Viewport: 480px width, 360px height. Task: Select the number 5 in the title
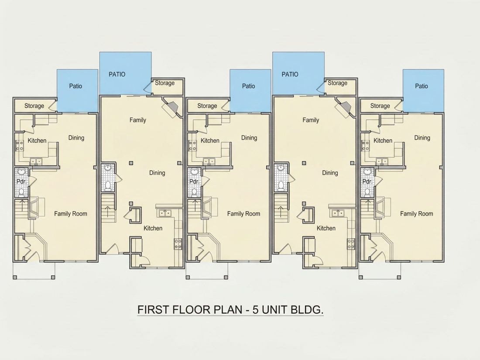point(256,309)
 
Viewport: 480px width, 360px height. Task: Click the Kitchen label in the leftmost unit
point(37,141)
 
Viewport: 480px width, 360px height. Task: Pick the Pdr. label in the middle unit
point(194,182)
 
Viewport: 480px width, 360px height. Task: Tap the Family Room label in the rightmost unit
point(417,214)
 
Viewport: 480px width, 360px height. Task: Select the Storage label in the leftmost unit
point(34,106)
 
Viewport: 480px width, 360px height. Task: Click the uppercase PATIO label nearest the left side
point(117,74)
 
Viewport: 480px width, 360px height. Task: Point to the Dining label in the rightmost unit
point(422,138)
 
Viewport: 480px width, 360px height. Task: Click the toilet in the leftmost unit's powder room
point(21,192)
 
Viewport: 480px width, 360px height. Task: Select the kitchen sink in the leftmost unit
point(36,161)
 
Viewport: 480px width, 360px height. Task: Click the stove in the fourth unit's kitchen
point(351,243)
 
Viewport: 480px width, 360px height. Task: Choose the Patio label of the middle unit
point(249,86)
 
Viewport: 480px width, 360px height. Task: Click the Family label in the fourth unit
point(311,120)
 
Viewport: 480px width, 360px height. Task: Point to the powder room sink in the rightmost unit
point(367,171)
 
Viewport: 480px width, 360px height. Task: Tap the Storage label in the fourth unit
point(337,83)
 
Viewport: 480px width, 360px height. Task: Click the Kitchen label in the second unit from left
point(153,228)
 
